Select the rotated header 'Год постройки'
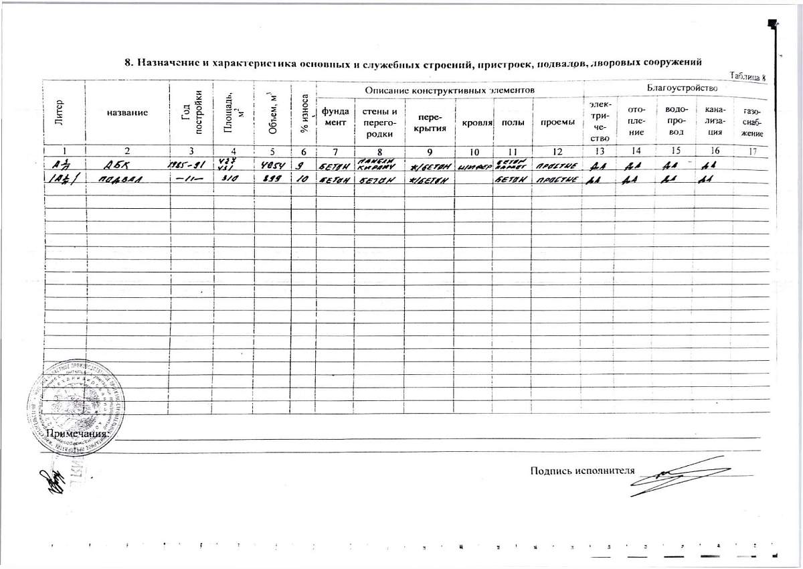point(192,112)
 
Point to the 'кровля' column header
point(474,124)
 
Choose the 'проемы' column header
point(558,123)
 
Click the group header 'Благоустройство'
point(682,88)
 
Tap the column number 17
point(753,151)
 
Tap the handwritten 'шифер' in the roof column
point(474,165)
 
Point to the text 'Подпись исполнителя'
point(582,470)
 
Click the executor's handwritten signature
point(676,476)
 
